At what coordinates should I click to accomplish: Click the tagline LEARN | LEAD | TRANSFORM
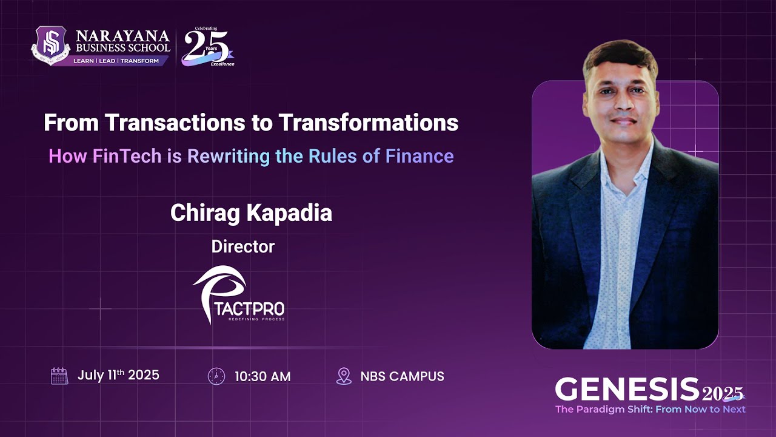(116, 61)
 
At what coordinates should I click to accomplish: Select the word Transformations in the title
(368, 123)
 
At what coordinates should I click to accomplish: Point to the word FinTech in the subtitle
(127, 156)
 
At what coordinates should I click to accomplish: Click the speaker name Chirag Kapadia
(251, 213)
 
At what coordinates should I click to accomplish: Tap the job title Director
(243, 246)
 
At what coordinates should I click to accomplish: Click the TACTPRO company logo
(238, 294)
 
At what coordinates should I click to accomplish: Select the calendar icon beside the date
(59, 376)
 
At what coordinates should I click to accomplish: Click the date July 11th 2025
(118, 375)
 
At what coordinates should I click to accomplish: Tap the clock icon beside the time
(216, 376)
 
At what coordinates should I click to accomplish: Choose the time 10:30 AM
(263, 376)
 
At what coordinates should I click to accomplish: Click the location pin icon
(344, 376)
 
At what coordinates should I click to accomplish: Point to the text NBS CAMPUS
(402, 376)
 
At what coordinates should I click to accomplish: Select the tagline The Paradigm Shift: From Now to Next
(650, 409)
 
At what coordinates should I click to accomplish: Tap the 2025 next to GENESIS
(723, 395)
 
